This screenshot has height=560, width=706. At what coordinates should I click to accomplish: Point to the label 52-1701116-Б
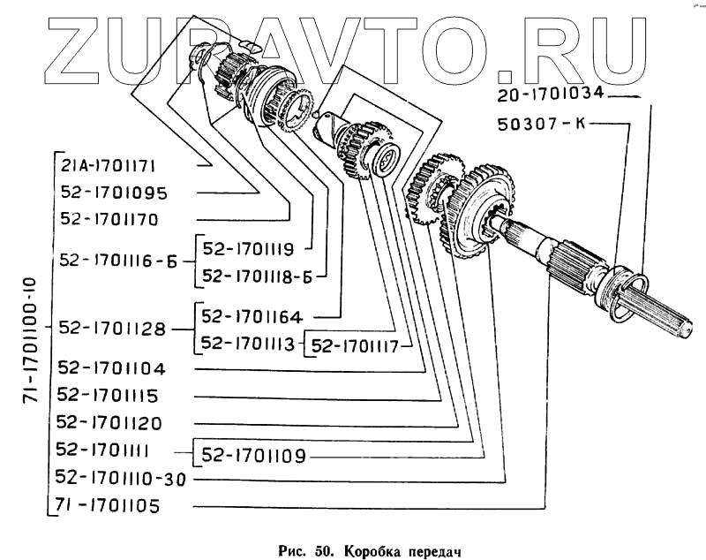[121, 261]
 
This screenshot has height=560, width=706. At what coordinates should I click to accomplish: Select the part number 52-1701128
[114, 329]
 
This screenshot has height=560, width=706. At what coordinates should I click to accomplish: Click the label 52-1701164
[252, 316]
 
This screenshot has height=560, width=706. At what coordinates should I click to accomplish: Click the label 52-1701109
[254, 457]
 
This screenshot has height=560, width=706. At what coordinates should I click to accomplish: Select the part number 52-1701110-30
[123, 478]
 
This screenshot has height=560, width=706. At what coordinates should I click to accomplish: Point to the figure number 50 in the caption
[319, 540]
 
